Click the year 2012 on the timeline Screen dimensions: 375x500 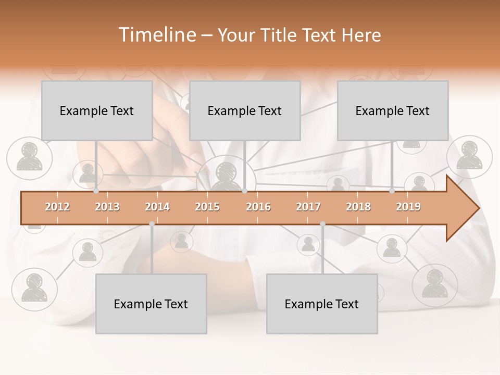(57, 207)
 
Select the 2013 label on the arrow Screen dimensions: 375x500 (107, 207)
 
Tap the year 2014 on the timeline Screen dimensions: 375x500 (157, 207)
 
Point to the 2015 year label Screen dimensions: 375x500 (207, 207)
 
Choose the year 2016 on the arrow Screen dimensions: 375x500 (258, 207)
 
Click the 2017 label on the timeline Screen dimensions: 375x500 (308, 207)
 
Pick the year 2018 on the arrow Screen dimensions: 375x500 (358, 207)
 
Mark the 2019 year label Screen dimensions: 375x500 (408, 207)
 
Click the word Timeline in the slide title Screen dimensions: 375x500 (156, 35)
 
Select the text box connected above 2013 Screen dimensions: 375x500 (97, 110)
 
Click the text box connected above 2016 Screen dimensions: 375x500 (245, 110)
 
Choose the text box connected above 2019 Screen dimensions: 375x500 (393, 110)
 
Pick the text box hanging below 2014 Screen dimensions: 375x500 (151, 304)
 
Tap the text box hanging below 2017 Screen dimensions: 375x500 (322, 304)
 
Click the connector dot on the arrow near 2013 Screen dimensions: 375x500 (96, 191)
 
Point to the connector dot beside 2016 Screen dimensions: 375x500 (245, 191)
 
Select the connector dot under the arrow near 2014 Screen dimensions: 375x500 (152, 223)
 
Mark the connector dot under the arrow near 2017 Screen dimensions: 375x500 (322, 223)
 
